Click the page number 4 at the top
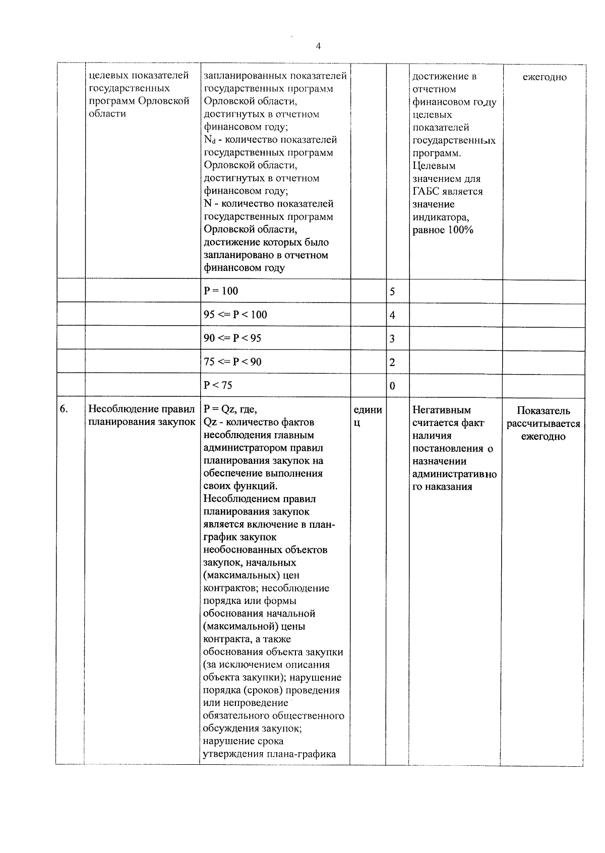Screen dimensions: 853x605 tap(318, 46)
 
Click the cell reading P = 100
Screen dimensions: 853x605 tap(220, 291)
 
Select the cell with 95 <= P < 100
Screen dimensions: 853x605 tap(235, 315)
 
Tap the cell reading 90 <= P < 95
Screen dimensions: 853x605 tap(232, 338)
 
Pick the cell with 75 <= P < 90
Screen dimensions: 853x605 tap(232, 361)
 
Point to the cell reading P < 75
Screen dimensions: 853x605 tap(218, 385)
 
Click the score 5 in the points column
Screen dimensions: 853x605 tap(392, 292)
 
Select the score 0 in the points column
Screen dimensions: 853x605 tap(392, 386)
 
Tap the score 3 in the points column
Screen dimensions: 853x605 tap(392, 339)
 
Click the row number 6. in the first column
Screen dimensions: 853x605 tap(64, 409)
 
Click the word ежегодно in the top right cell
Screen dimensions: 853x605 tap(544, 77)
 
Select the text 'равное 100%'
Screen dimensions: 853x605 tap(443, 230)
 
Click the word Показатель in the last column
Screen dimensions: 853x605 tap(543, 411)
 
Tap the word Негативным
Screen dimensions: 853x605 tap(441, 410)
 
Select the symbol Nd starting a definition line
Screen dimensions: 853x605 tap(209, 140)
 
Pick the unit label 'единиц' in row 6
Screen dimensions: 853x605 tap(368, 415)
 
